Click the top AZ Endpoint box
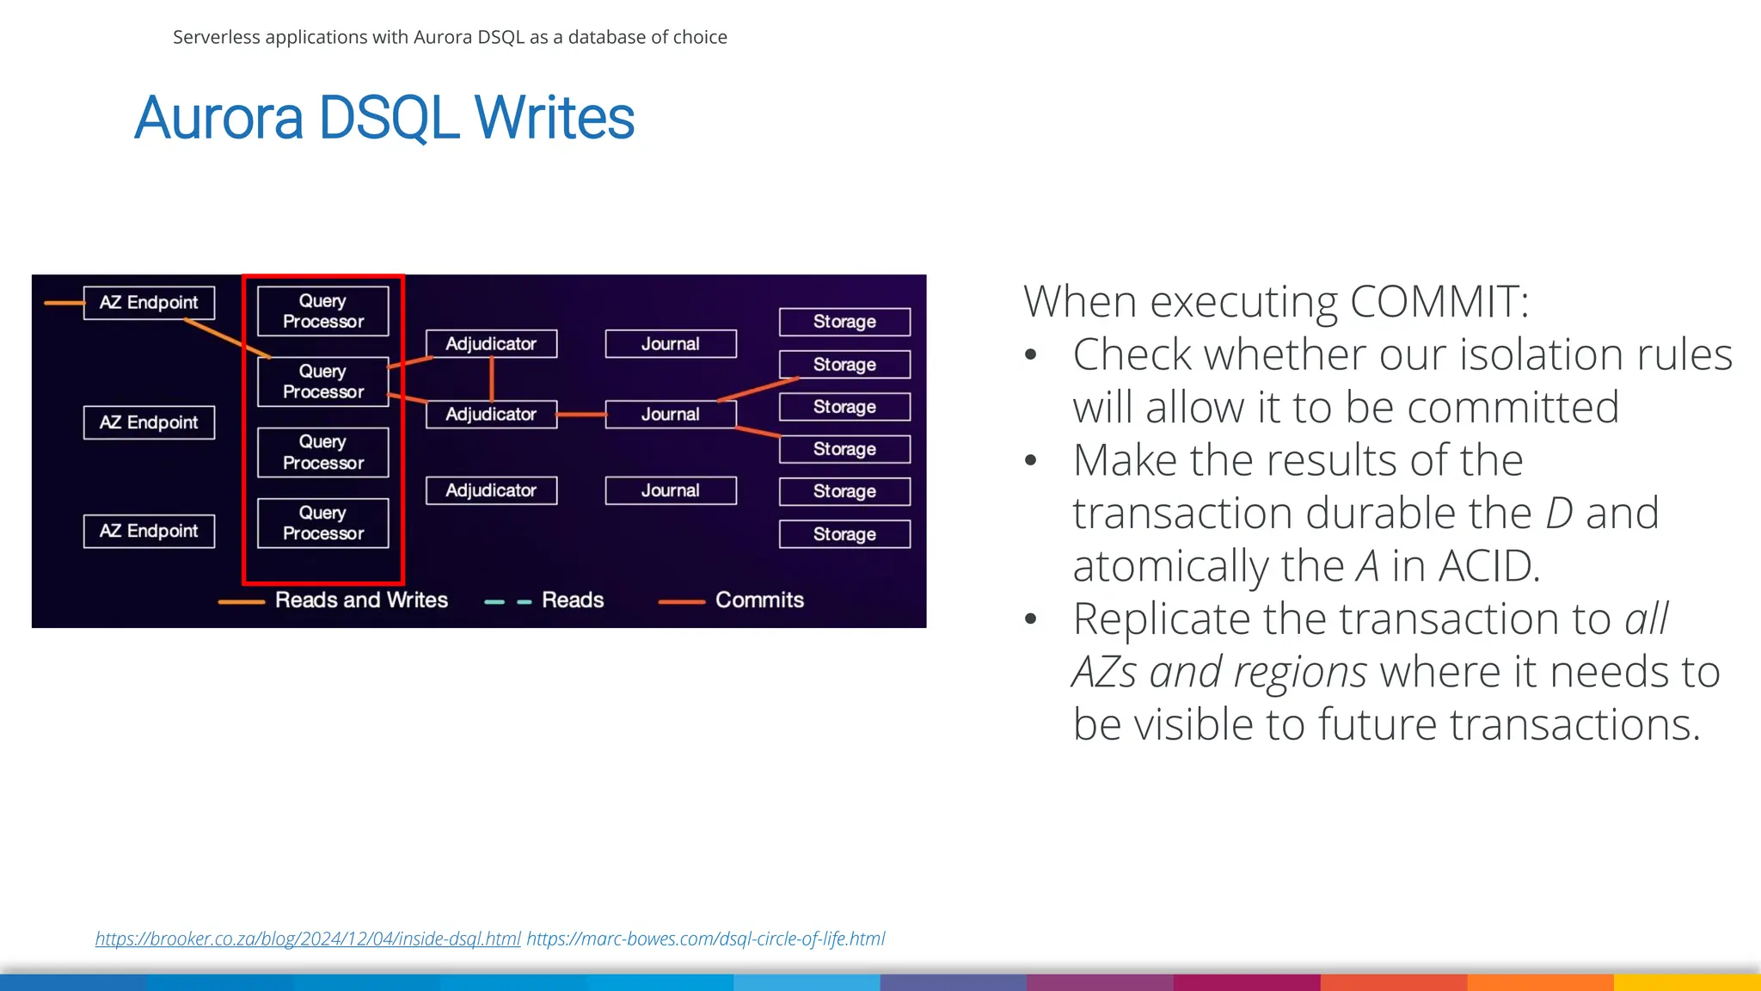click(149, 303)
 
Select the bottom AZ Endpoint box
click(149, 531)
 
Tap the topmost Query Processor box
click(323, 311)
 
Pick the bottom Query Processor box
click(323, 523)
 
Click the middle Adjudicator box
click(491, 415)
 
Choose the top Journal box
click(671, 344)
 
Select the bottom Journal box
click(671, 490)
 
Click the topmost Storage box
click(844, 322)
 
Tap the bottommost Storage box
click(844, 534)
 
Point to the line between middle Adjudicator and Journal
click(581, 415)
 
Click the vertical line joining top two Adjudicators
click(491, 379)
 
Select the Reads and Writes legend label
click(361, 600)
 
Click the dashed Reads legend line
click(508, 602)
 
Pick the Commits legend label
click(759, 600)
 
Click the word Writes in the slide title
click(555, 118)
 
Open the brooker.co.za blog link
click(308, 939)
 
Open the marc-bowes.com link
click(705, 939)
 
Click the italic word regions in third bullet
click(1300, 673)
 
